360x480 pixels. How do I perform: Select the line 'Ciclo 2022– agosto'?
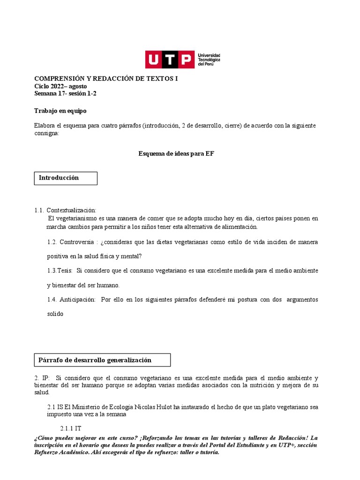(60, 86)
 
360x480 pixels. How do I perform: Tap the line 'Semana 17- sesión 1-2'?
(66, 93)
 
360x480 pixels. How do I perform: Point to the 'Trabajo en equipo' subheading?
(60, 111)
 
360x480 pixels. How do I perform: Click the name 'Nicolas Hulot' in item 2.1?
(150, 407)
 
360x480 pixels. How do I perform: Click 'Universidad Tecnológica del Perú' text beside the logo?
(210, 60)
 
